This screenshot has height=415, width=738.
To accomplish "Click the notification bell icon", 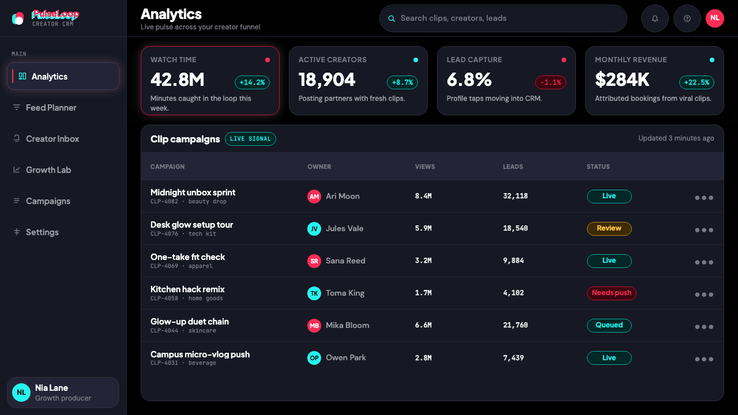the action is [x=654, y=18].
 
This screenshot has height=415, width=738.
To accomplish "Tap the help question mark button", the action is [x=687, y=18].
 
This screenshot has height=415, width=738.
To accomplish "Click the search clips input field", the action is [x=503, y=18].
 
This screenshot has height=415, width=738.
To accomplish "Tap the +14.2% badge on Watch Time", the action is [x=252, y=82].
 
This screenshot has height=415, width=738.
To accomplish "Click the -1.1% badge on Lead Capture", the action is [x=551, y=82].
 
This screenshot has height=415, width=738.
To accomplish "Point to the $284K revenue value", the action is [x=622, y=80].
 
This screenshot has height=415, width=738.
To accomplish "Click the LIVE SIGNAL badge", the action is [x=250, y=139].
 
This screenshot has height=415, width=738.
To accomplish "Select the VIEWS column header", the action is [x=425, y=167].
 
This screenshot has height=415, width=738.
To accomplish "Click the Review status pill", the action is [x=609, y=229].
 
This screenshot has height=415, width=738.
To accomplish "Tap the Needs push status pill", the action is [x=612, y=293].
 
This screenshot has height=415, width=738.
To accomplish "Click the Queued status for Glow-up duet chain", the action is [x=609, y=326].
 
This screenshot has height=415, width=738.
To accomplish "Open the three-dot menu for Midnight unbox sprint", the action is [x=704, y=198].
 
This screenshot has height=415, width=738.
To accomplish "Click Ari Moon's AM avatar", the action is [x=314, y=197].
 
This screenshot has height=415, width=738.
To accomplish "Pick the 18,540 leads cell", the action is [x=515, y=228].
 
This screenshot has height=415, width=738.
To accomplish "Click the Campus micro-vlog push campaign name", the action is [x=200, y=354].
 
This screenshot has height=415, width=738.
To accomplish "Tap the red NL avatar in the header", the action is [x=714, y=18].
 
